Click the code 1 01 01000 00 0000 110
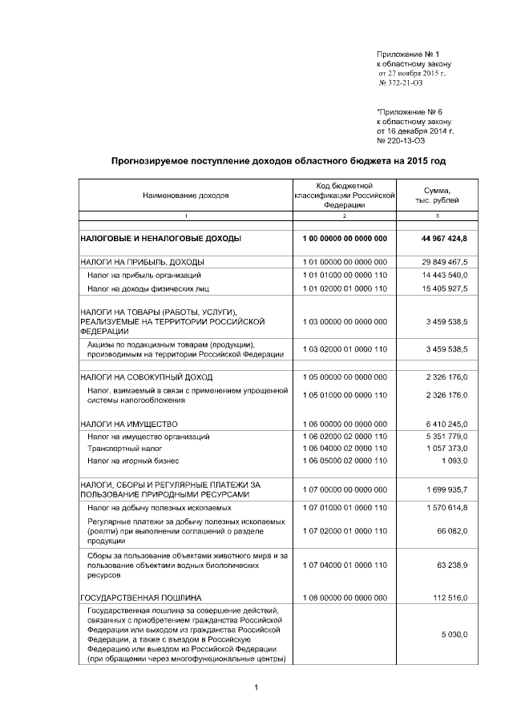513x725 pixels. pyautogui.click(x=345, y=275)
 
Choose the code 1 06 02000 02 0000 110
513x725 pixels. pyautogui.click(x=345, y=437)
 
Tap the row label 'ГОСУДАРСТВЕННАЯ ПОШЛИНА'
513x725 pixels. pyautogui.click(x=135, y=598)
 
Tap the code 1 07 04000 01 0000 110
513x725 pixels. pyautogui.click(x=345, y=566)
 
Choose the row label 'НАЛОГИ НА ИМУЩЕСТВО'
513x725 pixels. pyautogui.click(x=128, y=423)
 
